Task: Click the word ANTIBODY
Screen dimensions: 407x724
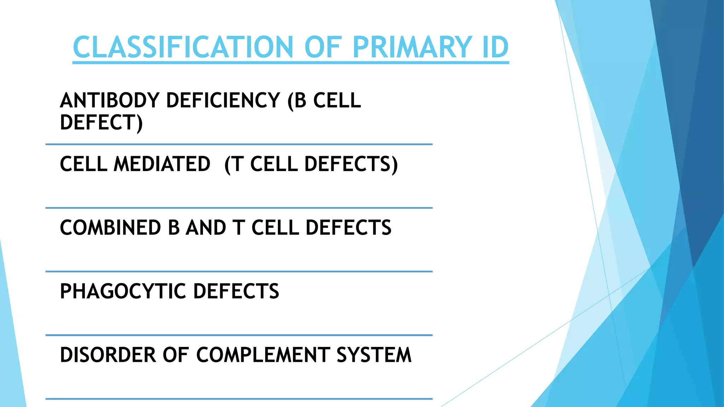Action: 110,100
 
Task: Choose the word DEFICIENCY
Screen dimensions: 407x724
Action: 223,100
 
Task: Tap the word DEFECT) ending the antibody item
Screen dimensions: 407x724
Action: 101,123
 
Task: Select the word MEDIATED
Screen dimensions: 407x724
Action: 162,164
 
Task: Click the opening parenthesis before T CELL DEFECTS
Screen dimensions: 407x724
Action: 228,165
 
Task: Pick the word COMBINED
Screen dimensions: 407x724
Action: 110,228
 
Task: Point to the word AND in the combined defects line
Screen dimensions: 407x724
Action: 206,228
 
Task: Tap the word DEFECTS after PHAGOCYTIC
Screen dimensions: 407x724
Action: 236,291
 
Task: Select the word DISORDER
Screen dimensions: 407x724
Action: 108,355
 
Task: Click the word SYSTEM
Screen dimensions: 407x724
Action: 374,355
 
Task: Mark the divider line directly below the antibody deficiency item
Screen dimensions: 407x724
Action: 239,144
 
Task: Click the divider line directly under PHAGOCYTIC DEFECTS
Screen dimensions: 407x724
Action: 239,335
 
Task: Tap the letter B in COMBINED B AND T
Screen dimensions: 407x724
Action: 174,228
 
